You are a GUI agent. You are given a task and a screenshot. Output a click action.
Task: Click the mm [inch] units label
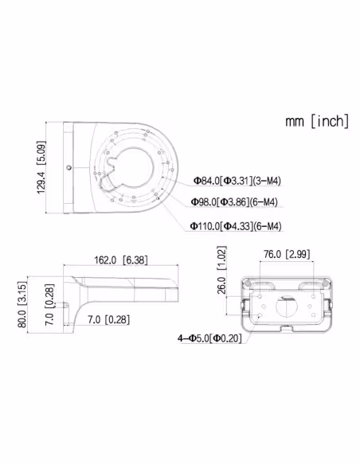pos(317,121)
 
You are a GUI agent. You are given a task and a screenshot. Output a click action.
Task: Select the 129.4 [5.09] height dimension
pos(41,167)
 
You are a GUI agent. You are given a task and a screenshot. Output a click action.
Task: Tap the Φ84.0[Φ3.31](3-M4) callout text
pos(237,181)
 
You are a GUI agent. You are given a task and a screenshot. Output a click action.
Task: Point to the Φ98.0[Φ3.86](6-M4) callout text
pos(234,202)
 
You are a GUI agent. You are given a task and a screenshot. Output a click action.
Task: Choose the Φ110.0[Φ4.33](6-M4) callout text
pos(236,226)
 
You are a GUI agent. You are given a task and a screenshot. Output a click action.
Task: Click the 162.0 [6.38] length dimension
pos(121,260)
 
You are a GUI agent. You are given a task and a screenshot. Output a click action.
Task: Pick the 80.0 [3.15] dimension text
pos(22,305)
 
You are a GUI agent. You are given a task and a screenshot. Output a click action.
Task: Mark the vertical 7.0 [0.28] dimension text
pos(49,305)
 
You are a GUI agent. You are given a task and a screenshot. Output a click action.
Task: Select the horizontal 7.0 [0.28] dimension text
pos(108,320)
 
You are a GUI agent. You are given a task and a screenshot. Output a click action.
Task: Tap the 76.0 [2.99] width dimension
pos(287,254)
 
